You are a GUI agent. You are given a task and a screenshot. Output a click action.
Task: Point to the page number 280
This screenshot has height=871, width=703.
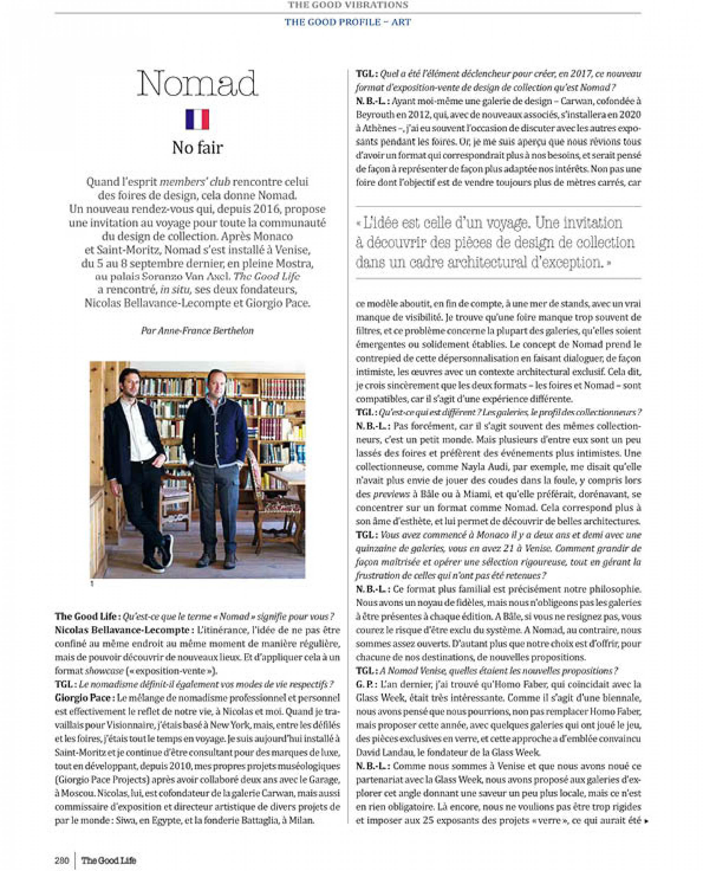click(62, 860)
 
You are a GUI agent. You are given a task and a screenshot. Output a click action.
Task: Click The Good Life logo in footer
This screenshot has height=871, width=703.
click(108, 860)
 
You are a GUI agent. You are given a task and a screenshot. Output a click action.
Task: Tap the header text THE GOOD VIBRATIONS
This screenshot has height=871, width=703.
click(348, 5)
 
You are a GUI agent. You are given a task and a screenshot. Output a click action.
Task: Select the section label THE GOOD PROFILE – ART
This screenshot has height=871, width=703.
click(348, 22)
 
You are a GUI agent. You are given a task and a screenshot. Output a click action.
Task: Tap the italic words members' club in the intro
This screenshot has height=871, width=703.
click(195, 182)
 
